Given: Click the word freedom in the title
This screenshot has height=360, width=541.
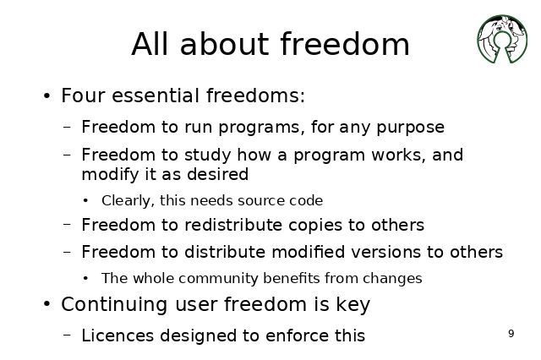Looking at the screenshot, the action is click(345, 44).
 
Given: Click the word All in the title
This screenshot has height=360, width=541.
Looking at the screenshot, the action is click(150, 44).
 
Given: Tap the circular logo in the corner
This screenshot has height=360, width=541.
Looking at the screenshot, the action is click(502, 39).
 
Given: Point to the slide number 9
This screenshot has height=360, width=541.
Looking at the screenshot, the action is click(511, 334).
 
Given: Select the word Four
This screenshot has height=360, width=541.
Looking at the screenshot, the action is click(83, 95).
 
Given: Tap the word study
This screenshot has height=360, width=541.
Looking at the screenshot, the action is click(208, 155).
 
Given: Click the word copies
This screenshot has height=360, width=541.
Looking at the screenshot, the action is click(315, 226).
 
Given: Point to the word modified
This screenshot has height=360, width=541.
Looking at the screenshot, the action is click(308, 252).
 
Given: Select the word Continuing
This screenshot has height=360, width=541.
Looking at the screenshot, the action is click(115, 305).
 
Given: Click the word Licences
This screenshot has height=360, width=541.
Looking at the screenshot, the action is click(117, 335).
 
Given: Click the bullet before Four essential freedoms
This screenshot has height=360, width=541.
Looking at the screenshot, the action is click(47, 95).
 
